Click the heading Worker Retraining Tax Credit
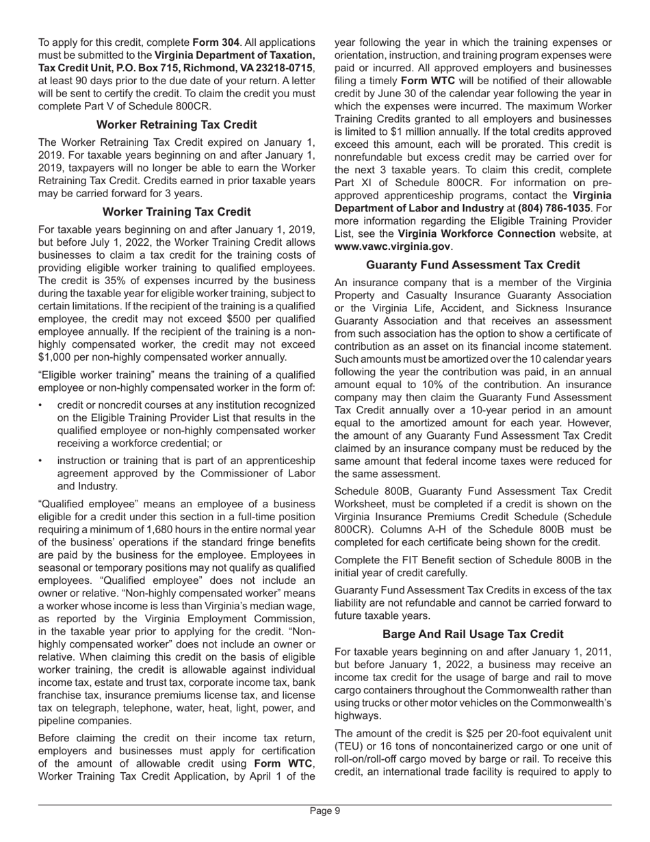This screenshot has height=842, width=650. tap(177, 125)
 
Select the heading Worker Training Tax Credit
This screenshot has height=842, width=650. tap(177, 212)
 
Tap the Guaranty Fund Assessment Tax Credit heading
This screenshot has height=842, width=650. tap(473, 265)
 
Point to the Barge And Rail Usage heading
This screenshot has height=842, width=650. tap(473, 634)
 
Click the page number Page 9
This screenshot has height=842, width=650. tap(324, 811)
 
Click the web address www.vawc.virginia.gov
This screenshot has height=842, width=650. tap(392, 246)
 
